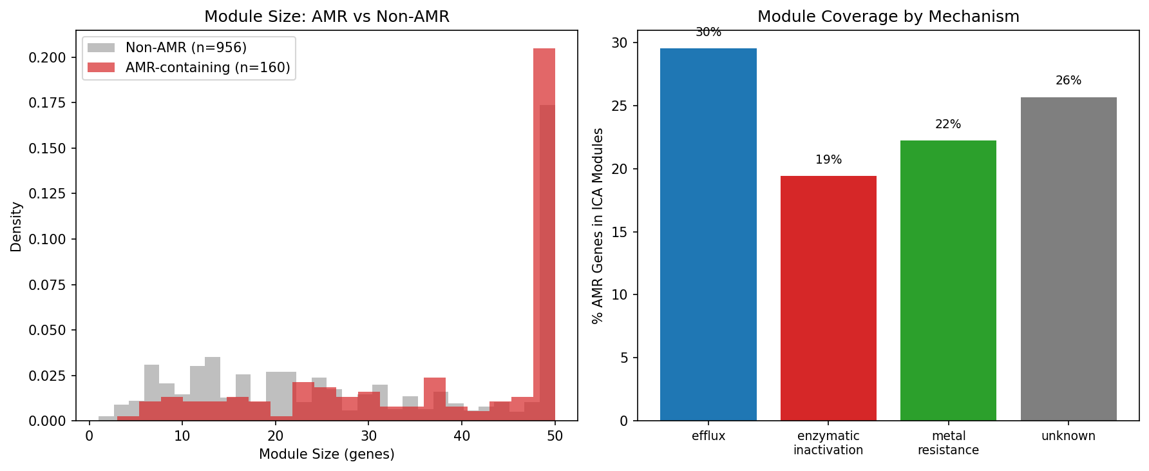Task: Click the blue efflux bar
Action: click(x=708, y=235)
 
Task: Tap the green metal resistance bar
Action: click(x=948, y=280)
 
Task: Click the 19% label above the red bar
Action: click(x=828, y=160)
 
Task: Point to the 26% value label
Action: click(x=1068, y=81)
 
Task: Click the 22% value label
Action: click(x=948, y=124)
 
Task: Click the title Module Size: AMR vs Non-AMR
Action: click(x=327, y=17)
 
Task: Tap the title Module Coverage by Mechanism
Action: click(x=888, y=17)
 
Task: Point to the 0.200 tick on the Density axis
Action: click(x=47, y=58)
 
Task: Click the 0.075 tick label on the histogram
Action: click(x=47, y=285)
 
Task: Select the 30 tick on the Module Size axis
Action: click(x=368, y=436)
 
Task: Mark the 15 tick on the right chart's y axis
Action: click(x=619, y=232)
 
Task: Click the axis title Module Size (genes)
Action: click(x=327, y=454)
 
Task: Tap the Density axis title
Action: click(x=16, y=226)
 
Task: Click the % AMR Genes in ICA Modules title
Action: click(x=598, y=226)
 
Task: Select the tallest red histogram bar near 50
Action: click(x=544, y=232)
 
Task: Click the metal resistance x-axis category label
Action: click(x=948, y=443)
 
